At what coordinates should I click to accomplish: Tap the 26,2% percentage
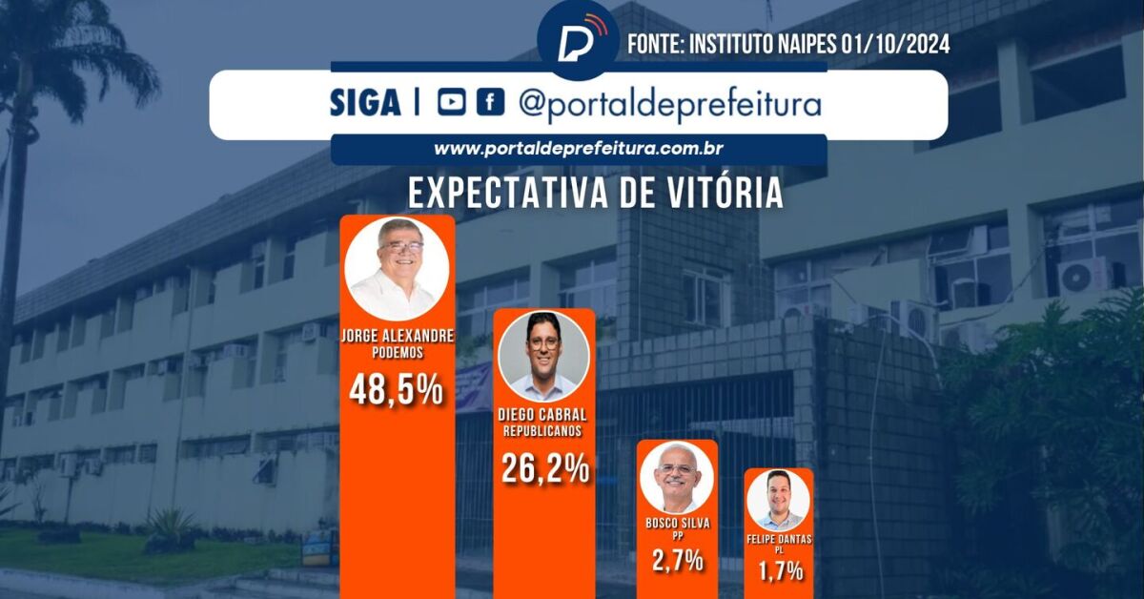pos(544,468)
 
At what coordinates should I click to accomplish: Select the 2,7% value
pos(678,559)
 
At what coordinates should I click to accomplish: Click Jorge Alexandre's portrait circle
pos(396,269)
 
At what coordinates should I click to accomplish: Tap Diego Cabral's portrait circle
pos(544,355)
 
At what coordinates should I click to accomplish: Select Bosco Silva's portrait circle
pos(677,478)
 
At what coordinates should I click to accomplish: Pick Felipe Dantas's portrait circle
pos(778,501)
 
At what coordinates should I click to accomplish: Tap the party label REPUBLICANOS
pos(544,431)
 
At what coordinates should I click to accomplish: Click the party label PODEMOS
pos(397,350)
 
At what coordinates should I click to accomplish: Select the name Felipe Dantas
pos(778,539)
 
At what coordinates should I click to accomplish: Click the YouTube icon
pos(452,103)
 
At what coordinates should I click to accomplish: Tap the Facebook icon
pos(490,103)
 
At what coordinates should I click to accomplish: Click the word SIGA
pos(365,104)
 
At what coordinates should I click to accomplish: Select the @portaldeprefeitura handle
pos(669,104)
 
